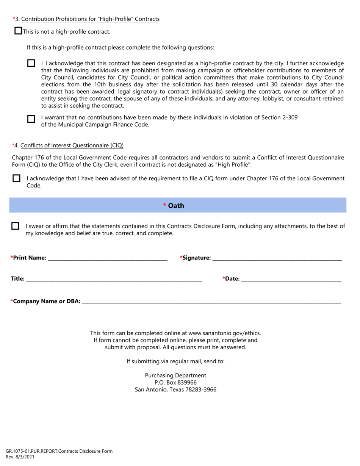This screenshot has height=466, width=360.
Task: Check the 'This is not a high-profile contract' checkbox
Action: pos(18,31)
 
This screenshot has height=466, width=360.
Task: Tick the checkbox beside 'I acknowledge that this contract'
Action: pos(31,63)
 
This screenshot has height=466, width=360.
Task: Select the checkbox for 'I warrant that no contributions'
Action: pos(31,119)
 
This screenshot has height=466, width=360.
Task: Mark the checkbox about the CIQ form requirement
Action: pos(17,178)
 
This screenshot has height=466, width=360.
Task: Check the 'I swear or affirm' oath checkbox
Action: pos(15,226)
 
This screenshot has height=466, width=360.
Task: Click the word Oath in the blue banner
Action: pos(176,205)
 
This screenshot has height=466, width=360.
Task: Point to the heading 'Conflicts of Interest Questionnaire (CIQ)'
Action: pos(72,145)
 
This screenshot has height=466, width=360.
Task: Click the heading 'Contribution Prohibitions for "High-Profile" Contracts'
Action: pos(90,19)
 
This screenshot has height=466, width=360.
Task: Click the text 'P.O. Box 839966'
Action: pos(175,382)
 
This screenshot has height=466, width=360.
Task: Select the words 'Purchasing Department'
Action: pos(175,375)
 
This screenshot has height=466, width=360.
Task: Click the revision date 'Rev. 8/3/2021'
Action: pos(20,457)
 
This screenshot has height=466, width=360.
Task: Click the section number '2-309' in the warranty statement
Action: pos(290,117)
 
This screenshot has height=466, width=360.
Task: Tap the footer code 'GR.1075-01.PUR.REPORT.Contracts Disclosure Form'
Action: pos(59,451)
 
